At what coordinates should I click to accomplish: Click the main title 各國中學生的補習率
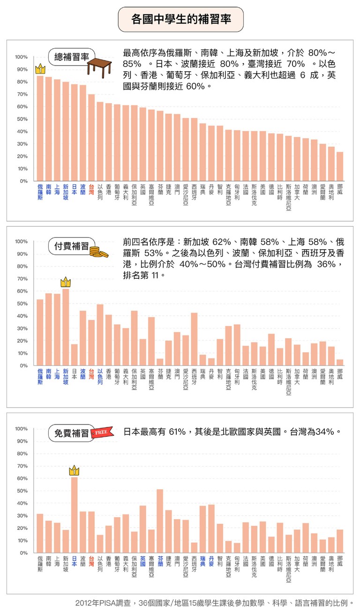(x=180, y=19)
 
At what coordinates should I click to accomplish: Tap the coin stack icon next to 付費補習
(x=99, y=252)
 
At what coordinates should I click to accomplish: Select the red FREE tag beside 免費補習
(x=102, y=432)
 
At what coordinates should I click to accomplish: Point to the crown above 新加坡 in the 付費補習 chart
(x=66, y=282)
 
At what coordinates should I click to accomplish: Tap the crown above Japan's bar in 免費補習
(x=74, y=470)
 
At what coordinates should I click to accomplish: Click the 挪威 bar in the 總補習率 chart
(x=340, y=166)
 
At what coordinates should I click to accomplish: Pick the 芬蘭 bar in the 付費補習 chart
(x=160, y=362)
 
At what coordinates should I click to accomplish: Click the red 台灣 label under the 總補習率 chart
(x=91, y=189)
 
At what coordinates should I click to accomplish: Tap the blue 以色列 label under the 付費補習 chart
(x=100, y=376)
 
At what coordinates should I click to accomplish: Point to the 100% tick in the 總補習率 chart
(x=21, y=57)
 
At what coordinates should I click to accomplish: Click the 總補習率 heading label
(x=71, y=57)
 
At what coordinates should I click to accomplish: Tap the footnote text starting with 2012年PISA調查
(x=214, y=603)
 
